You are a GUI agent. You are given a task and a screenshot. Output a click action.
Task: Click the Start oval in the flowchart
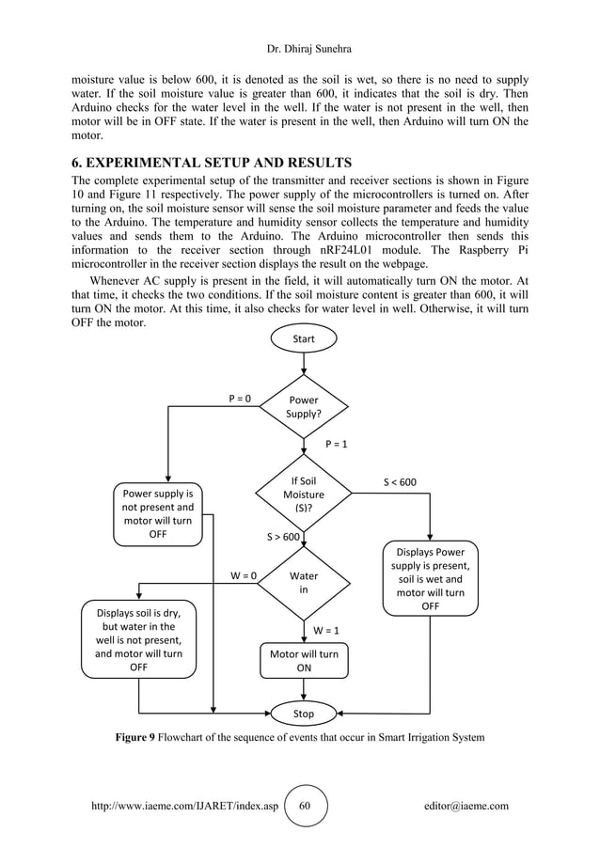click(x=304, y=338)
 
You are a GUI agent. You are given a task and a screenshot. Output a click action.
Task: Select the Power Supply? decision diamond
click(x=303, y=406)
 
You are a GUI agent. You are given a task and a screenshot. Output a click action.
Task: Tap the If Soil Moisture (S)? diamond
click(x=303, y=495)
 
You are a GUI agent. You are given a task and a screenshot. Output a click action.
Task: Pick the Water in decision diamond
click(x=303, y=583)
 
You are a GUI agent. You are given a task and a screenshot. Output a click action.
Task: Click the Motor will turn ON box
click(x=304, y=660)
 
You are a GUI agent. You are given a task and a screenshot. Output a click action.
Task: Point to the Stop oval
click(x=304, y=714)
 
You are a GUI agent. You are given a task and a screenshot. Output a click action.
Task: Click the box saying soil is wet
click(x=430, y=579)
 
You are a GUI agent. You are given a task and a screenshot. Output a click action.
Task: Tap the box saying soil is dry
click(x=139, y=639)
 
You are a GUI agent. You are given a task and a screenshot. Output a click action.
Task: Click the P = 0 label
click(x=242, y=399)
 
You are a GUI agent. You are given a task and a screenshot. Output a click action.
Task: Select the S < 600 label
click(x=400, y=482)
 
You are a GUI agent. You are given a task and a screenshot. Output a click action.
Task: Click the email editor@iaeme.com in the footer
click(x=466, y=806)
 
